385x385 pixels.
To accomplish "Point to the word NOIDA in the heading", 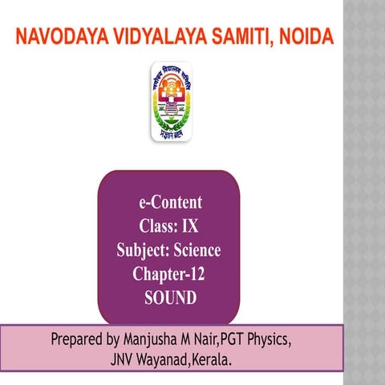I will click(x=304, y=37).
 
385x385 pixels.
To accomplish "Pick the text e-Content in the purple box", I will click(x=169, y=202).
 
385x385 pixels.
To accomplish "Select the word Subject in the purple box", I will click(x=140, y=251).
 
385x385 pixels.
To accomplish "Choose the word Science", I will click(x=196, y=251).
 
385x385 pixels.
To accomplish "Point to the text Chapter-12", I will click(x=169, y=275).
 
